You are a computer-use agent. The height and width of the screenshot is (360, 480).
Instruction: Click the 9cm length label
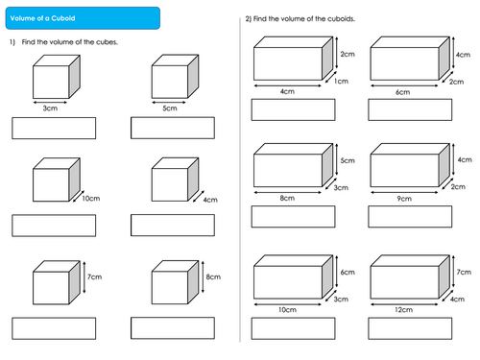[x=404, y=200]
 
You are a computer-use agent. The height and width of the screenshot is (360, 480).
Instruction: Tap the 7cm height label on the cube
[x=94, y=276]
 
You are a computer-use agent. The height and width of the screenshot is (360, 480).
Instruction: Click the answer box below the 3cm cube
[x=54, y=128]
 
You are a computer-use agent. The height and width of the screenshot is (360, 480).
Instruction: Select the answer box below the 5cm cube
[x=173, y=128]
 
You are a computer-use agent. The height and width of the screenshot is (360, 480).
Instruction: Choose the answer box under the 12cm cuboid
[x=409, y=328]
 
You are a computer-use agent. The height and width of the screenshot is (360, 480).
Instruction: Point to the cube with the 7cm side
[x=55, y=282]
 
